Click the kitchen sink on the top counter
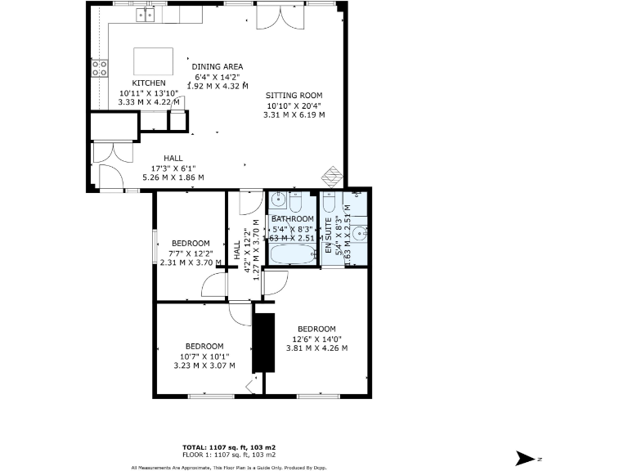146,14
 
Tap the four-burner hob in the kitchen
100,69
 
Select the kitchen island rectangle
154,61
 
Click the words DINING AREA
218,67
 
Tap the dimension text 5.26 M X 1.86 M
173,177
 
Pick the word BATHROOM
292,219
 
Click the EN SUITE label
329,242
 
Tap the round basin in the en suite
360,235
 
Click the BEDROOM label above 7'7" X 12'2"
191,244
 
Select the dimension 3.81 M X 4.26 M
316,348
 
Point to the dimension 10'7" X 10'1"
204,356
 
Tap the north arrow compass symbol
524,457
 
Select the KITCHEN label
149,83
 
